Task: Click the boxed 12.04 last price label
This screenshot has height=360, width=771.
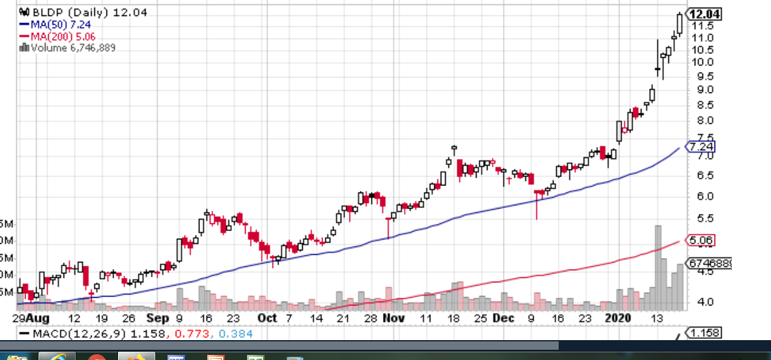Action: tap(704, 14)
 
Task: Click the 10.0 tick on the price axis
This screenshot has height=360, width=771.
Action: tap(702, 62)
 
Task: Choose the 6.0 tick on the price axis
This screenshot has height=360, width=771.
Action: tap(702, 196)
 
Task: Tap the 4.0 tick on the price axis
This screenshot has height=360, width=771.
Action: tap(702, 302)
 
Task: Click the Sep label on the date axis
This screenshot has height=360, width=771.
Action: tap(157, 318)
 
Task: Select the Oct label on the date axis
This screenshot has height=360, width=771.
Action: tap(267, 318)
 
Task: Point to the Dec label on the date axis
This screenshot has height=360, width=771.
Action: tap(504, 318)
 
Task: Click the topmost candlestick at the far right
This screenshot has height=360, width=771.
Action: tap(680, 23)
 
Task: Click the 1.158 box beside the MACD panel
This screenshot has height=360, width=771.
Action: tap(704, 333)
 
